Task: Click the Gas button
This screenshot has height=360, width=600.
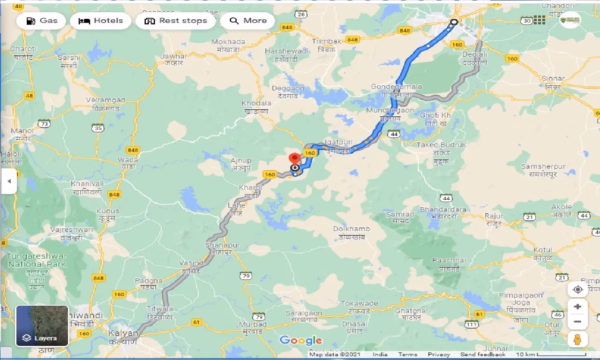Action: click(x=41, y=21)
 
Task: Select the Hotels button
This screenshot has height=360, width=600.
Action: click(x=100, y=21)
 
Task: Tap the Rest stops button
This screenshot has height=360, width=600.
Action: click(x=176, y=21)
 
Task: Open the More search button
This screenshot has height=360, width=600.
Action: click(x=247, y=21)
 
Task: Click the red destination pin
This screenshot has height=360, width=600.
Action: click(x=294, y=159)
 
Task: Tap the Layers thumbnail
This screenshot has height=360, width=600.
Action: click(x=42, y=326)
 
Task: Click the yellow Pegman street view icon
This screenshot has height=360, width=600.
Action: click(x=577, y=339)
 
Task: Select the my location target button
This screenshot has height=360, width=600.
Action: click(x=577, y=289)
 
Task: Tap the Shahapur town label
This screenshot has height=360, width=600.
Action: click(x=222, y=245)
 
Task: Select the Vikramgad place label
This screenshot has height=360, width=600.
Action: click(x=105, y=100)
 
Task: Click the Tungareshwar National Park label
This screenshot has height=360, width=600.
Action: click(x=37, y=260)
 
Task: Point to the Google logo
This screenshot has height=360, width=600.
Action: click(x=300, y=340)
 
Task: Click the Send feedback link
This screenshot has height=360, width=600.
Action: click(x=483, y=354)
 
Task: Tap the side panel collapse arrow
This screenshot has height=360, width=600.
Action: click(x=8, y=180)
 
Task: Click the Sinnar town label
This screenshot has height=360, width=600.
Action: click(x=553, y=78)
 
